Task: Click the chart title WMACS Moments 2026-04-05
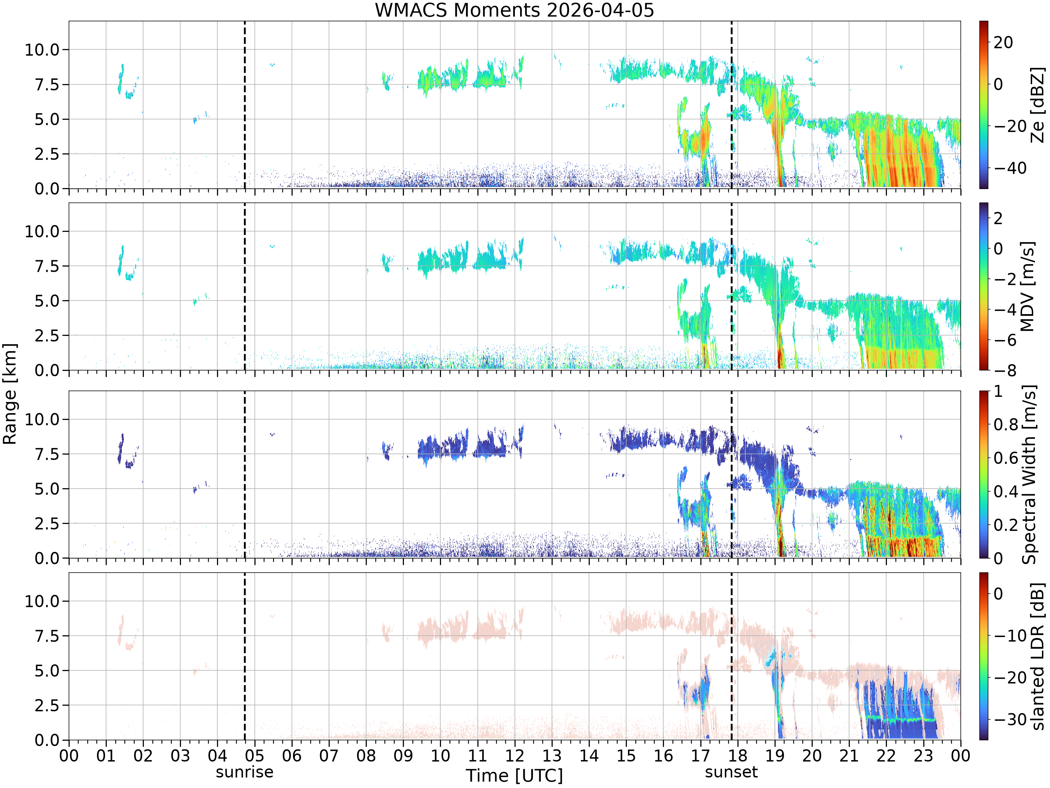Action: pyautogui.click(x=514, y=10)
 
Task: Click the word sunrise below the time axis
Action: pyautogui.click(x=244, y=772)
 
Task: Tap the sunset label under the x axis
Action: pyautogui.click(x=731, y=772)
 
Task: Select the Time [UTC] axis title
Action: pyautogui.click(x=514, y=776)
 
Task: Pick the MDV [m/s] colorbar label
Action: pyautogui.click(x=1027, y=286)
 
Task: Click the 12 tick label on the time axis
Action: pyautogui.click(x=514, y=756)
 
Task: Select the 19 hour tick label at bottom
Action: pyautogui.click(x=775, y=756)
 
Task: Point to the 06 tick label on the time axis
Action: pyautogui.click(x=292, y=756)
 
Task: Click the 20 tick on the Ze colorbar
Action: pyautogui.click(x=1003, y=42)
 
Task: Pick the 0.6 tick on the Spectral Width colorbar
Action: pyautogui.click(x=1006, y=458)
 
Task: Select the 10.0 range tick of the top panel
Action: pyautogui.click(x=42, y=49)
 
